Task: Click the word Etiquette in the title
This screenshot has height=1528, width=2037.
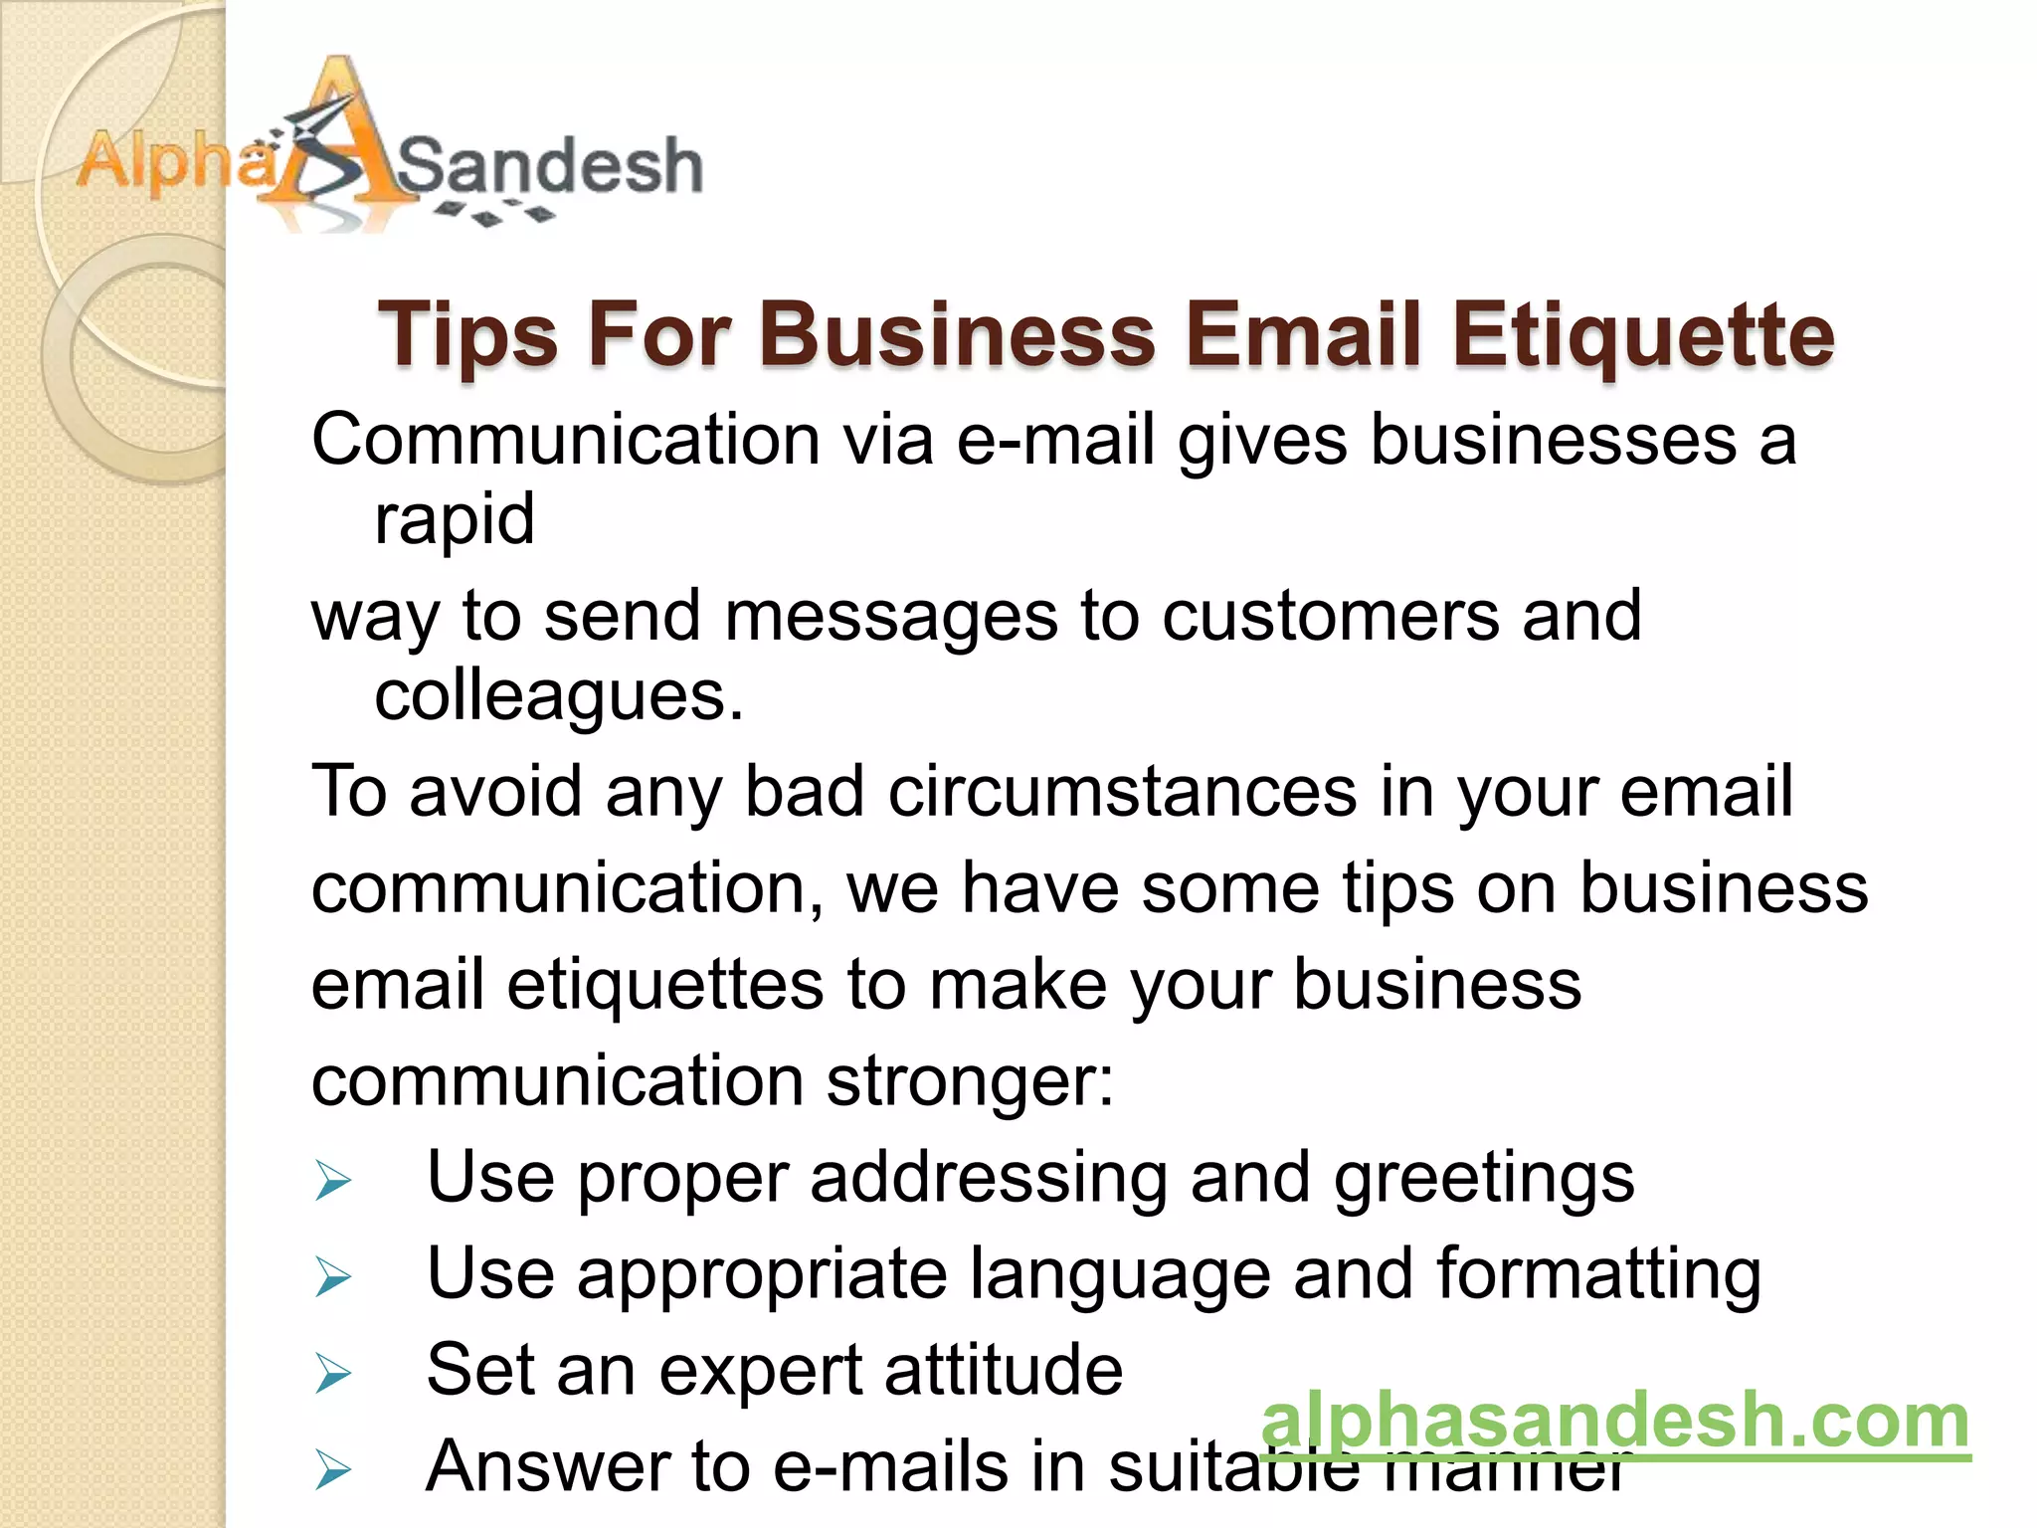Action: (1642, 335)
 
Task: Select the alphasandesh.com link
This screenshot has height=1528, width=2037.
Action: (1615, 1421)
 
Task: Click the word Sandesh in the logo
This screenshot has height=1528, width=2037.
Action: (550, 165)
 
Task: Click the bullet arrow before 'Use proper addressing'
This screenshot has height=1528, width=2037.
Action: (333, 1181)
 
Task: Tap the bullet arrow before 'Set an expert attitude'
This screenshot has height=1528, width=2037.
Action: (333, 1374)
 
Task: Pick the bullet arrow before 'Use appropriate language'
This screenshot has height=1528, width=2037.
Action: (333, 1277)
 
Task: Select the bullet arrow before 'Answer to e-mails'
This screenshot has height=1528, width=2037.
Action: (333, 1470)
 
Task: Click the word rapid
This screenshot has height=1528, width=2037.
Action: (455, 519)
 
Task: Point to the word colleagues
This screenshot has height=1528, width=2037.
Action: (558, 695)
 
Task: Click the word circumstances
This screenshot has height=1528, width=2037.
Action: (1122, 792)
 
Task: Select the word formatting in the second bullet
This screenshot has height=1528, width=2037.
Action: (1598, 1275)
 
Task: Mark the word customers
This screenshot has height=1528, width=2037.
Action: (1331, 616)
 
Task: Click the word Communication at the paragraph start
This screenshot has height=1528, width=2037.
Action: (566, 440)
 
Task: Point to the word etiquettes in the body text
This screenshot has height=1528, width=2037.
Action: (665, 985)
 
